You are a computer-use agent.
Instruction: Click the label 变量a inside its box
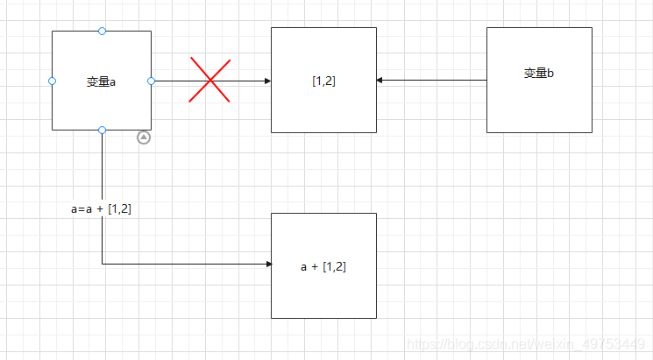coord(102,81)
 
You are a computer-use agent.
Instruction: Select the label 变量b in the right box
coord(539,74)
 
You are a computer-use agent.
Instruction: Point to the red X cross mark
coord(210,81)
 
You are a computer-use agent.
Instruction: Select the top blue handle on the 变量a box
coord(102,32)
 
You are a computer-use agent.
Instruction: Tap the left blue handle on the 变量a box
coord(52,81)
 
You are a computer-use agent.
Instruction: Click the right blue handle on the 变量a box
coord(151,81)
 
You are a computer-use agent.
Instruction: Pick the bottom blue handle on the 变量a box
coord(102,130)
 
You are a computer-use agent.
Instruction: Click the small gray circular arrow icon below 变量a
coord(144,138)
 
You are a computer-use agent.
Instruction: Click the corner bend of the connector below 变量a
coord(103,264)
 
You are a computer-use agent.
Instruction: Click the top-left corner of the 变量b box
coord(487,28)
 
